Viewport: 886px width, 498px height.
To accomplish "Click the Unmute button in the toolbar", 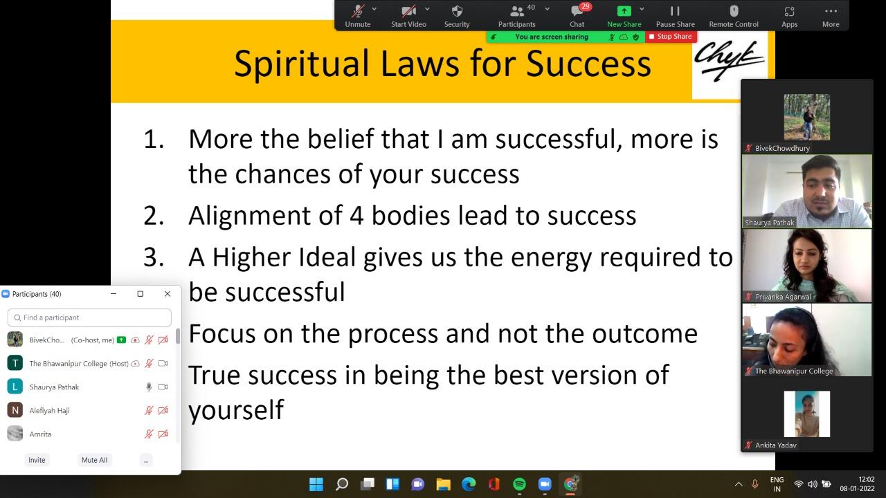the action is click(x=358, y=16).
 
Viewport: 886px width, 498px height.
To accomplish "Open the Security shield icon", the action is click(x=457, y=11).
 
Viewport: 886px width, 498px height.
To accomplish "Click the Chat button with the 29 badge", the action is click(x=577, y=16).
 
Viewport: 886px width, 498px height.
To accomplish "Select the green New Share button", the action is click(x=624, y=16).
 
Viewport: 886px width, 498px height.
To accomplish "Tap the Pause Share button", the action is click(x=675, y=16).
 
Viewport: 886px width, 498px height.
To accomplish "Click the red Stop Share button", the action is click(x=671, y=37).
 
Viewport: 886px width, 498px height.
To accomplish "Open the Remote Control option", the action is click(x=734, y=16).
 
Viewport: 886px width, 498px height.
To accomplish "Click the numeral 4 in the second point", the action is click(x=356, y=216).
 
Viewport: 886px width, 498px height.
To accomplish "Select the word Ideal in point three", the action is click(x=327, y=257).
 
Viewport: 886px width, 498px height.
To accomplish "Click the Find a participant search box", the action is click(x=89, y=317).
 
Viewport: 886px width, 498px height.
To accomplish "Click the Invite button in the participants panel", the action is click(x=37, y=460).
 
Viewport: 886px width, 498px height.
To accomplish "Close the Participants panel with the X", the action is click(x=168, y=294).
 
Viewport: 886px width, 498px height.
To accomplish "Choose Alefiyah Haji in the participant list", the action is click(x=49, y=411).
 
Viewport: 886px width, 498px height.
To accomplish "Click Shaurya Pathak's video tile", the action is click(x=807, y=192).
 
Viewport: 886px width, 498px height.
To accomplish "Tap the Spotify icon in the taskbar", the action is click(x=519, y=484).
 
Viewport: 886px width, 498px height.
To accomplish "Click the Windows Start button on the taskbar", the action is click(x=316, y=484).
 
